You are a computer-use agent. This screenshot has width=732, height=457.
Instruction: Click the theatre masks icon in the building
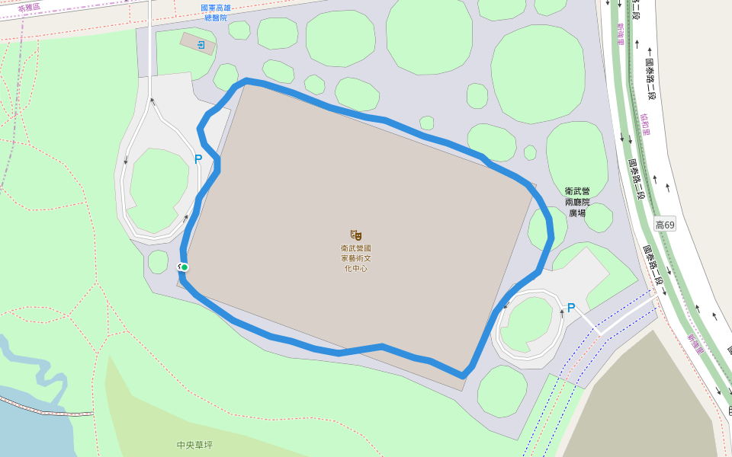[x=356, y=235]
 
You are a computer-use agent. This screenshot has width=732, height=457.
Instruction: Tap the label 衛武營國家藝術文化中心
[x=356, y=257]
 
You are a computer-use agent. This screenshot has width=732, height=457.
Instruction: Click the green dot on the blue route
[x=185, y=267]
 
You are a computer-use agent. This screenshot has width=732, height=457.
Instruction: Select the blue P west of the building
[x=198, y=159]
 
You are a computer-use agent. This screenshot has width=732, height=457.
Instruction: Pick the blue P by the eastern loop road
[x=570, y=308]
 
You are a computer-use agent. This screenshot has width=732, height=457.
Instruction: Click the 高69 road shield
[x=665, y=225]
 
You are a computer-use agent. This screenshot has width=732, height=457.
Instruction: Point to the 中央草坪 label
[x=194, y=445]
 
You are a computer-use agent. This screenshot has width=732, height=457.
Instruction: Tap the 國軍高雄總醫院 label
[x=216, y=12]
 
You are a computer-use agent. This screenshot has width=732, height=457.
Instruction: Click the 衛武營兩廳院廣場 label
[x=577, y=202]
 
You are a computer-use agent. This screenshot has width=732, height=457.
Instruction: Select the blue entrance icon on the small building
[x=201, y=46]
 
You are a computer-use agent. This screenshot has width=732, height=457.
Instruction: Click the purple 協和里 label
[x=645, y=123]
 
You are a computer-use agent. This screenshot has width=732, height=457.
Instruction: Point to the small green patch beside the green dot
[x=158, y=261]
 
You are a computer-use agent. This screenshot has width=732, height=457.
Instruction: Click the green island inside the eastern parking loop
[x=525, y=324]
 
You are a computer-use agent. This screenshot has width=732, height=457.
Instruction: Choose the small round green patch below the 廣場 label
[x=599, y=218]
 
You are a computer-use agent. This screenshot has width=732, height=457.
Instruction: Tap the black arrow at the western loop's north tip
[x=152, y=100]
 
